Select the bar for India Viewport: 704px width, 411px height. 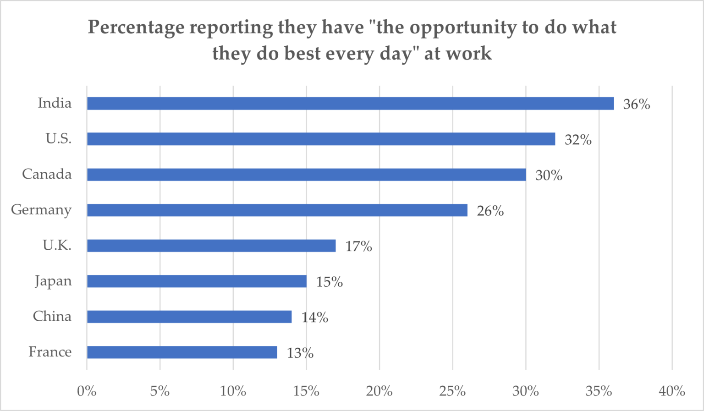351,104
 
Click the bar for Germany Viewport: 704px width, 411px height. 277,210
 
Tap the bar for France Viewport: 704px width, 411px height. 182,352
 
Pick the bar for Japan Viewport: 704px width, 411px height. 197,281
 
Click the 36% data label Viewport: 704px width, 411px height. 637,104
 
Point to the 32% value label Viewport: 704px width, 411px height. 578,140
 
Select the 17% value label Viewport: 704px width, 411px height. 359,247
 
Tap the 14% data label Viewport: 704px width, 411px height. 315,318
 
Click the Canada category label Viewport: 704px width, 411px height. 47,174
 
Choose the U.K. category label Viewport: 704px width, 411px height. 57,245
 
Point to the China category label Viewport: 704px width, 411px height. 52,316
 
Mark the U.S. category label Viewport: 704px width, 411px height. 59,138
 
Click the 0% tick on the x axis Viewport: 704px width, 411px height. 87,391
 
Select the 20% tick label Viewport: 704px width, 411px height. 379,391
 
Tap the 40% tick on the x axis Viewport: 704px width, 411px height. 672,391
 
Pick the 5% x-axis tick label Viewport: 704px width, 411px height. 160,391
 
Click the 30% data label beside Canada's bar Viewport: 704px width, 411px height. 549,175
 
